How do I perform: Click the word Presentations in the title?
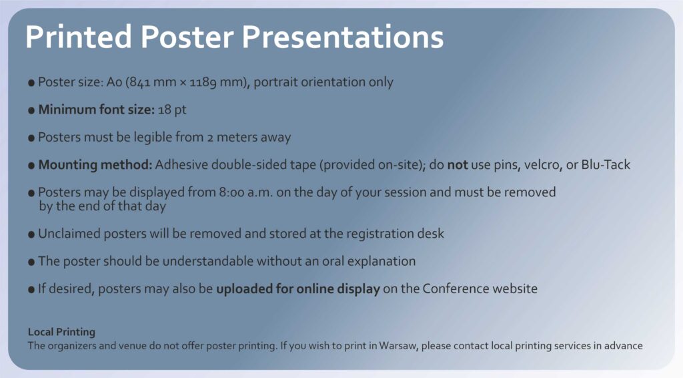click(343, 37)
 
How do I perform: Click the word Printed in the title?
click(79, 37)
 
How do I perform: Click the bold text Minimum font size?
click(96, 110)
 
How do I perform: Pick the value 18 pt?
click(172, 110)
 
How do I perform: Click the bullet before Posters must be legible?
click(31, 138)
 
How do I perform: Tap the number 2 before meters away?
click(210, 138)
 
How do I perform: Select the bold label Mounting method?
click(95, 165)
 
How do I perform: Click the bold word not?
click(458, 165)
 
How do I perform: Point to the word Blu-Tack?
click(606, 164)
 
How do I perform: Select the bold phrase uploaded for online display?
click(298, 289)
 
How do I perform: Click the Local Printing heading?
click(61, 332)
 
